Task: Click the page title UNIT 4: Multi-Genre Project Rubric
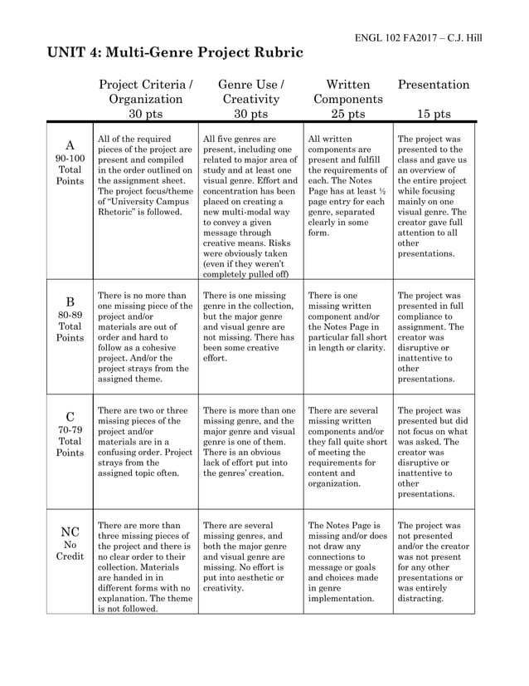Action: tap(175, 53)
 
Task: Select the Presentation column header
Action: tap(434, 85)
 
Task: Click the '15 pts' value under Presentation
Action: tap(434, 114)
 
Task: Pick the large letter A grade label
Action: tap(70, 145)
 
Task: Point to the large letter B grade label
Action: tap(70, 301)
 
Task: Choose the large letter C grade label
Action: tap(70, 416)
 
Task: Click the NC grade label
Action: tap(70, 531)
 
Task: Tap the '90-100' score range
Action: tap(70, 158)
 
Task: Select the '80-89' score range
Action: tap(70, 314)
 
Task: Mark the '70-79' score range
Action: tap(70, 429)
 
